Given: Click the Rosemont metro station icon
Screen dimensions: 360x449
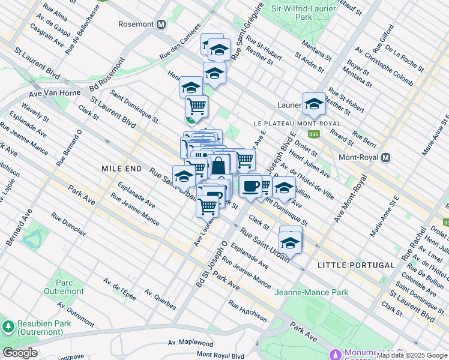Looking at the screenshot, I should pos(161,25).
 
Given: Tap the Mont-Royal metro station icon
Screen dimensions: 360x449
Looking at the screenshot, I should pos(386,157).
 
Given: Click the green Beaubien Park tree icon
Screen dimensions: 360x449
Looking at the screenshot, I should pos(8,327).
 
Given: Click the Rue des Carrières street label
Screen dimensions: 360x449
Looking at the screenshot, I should pos(179,48).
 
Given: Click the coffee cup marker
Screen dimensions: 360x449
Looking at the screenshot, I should pos(250,185).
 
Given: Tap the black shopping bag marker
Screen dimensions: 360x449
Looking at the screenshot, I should pos(219,165).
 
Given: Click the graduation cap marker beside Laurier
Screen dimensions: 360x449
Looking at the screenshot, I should pos(314,104).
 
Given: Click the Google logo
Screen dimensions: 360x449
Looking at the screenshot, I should pos(20,353).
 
